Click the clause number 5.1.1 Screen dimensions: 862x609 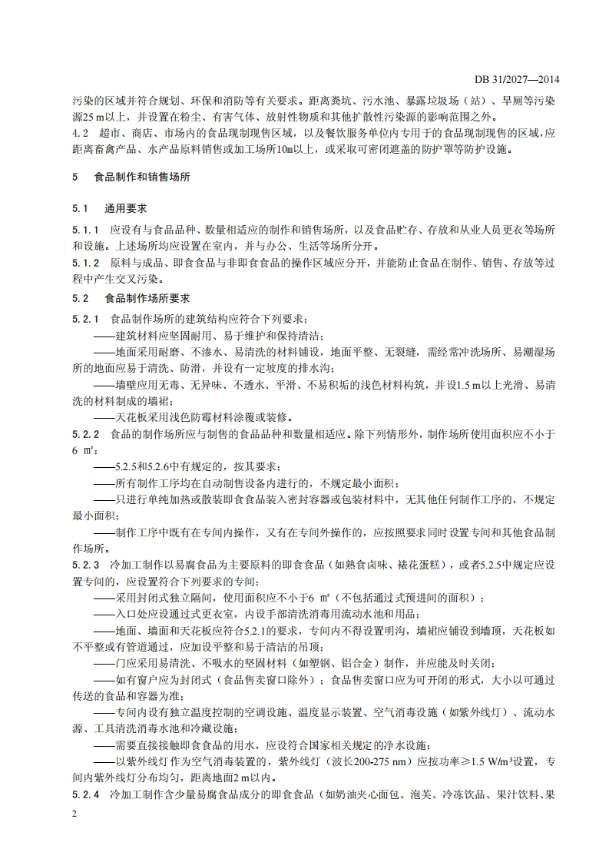point(83,230)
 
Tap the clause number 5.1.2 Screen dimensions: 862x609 point(83,264)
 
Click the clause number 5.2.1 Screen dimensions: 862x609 point(83,318)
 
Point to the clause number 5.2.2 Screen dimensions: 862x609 point(83,434)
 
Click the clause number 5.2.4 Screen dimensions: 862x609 point(83,794)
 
